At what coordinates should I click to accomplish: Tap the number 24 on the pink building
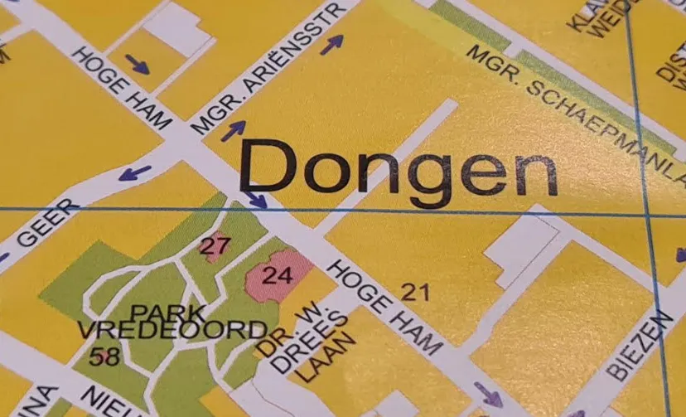(x=277, y=274)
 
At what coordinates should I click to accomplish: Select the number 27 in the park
(x=214, y=245)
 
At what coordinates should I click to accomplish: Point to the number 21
(x=416, y=291)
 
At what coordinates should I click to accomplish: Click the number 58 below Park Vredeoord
(x=104, y=357)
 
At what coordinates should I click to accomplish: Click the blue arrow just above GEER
(x=134, y=173)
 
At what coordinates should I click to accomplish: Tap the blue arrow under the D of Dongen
(x=256, y=200)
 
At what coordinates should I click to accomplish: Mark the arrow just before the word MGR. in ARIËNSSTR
(x=233, y=130)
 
